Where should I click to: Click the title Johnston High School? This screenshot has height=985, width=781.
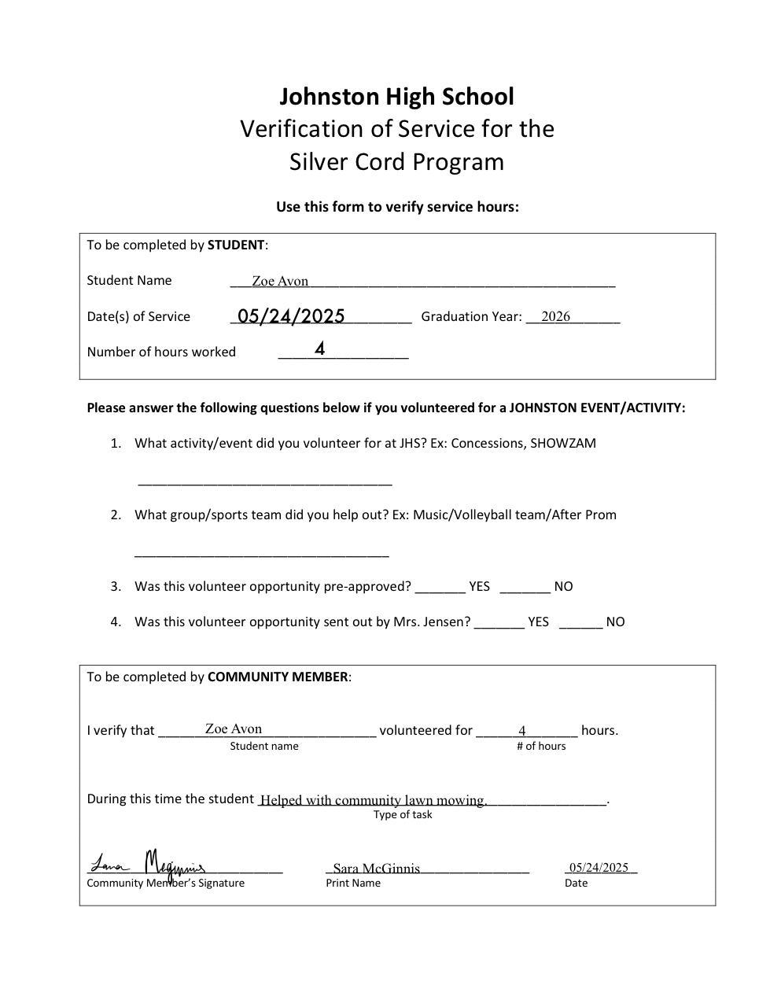(396, 97)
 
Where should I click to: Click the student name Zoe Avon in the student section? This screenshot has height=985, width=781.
(280, 281)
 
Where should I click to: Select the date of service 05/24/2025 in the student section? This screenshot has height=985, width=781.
(291, 316)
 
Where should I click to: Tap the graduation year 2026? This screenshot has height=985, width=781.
(555, 316)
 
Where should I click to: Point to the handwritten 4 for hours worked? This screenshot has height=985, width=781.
(320, 349)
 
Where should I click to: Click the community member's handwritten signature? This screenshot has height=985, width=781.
(149, 865)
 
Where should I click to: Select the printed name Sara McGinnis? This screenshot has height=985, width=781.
(376, 869)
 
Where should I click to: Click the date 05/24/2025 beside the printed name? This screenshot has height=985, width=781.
(599, 867)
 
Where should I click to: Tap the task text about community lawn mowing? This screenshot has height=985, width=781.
(374, 800)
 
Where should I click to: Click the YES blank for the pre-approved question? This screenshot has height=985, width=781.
(440, 587)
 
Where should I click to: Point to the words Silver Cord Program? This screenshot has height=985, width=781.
(396, 162)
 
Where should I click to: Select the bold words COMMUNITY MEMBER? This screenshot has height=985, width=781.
(278, 677)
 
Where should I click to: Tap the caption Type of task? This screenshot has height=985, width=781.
(403, 815)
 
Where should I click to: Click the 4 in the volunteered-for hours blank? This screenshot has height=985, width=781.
(522, 731)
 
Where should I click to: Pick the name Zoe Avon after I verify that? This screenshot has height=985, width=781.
(234, 729)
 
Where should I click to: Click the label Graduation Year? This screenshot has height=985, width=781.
(471, 316)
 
